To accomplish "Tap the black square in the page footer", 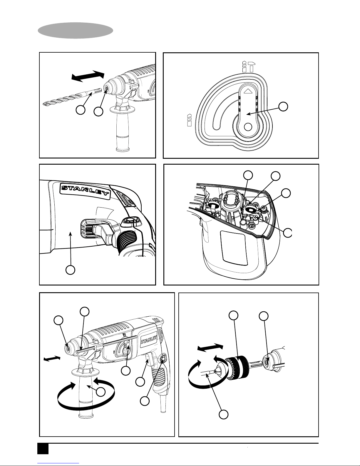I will [43, 449].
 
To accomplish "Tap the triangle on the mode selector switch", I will [248, 91].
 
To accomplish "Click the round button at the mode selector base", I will [248, 127].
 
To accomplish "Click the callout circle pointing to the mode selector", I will [283, 106].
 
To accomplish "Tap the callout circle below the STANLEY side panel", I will [70, 270].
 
